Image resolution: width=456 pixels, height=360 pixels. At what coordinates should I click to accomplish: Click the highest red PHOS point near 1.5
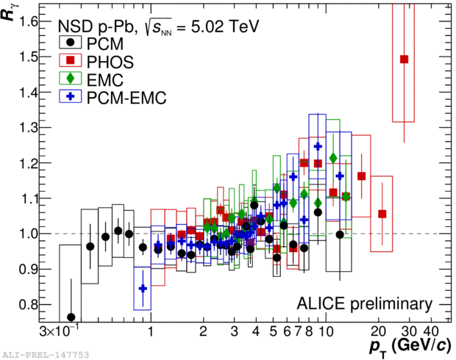pyautogui.click(x=404, y=60)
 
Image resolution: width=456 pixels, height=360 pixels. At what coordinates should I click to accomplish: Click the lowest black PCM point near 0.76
pyautogui.click(x=71, y=317)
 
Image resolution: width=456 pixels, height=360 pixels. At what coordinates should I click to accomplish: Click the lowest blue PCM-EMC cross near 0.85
pyautogui.click(x=143, y=289)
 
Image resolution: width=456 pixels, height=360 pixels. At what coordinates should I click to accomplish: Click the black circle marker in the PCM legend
pyautogui.click(x=68, y=42)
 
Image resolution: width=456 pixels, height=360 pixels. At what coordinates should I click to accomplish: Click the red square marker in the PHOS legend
pyautogui.click(x=68, y=60)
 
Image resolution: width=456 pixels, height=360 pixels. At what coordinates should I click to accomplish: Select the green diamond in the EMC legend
pyautogui.click(x=68, y=77)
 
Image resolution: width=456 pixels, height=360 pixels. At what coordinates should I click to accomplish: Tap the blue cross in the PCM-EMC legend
pyautogui.click(x=68, y=96)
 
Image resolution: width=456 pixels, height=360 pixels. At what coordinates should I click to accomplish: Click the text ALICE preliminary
pyautogui.click(x=364, y=303)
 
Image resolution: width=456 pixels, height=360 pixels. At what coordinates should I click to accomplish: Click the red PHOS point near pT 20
pyautogui.click(x=382, y=214)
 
